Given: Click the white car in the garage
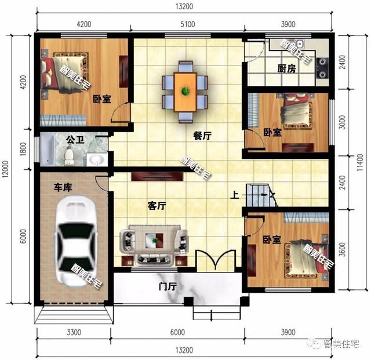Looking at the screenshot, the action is pyautogui.click(x=76, y=241).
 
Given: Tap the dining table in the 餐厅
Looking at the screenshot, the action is pyautogui.click(x=185, y=92).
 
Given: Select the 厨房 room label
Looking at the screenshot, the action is pyautogui.click(x=286, y=68).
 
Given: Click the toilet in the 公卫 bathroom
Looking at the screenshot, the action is pyautogui.click(x=68, y=155).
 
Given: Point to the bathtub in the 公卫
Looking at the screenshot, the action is pyautogui.click(x=48, y=150).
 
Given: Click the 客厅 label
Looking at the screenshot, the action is pyautogui.click(x=157, y=205).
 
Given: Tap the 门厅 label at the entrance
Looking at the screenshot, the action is pyautogui.click(x=168, y=286).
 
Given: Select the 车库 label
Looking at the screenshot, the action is pyautogui.click(x=63, y=187).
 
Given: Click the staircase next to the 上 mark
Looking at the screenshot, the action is pyautogui.click(x=261, y=195).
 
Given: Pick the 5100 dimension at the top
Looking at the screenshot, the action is pyautogui.click(x=187, y=24).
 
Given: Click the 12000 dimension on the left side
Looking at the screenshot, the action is pyautogui.click(x=5, y=169).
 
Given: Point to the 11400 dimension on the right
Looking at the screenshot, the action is pyautogui.click(x=360, y=162).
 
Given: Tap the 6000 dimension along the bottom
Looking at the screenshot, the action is pyautogui.click(x=177, y=332).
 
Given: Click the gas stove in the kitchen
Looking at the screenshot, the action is pyautogui.click(x=322, y=68).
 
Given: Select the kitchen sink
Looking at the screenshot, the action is pyautogui.click(x=300, y=44).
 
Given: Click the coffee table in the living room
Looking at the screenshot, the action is pyautogui.click(x=154, y=240).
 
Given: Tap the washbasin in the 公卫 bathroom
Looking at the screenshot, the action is pyautogui.click(x=97, y=159).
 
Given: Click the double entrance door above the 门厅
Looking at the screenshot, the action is pyautogui.click(x=216, y=260).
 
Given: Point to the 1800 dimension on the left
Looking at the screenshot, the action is pyautogui.click(x=23, y=149).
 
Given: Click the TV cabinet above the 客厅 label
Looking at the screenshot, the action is pyautogui.click(x=157, y=176).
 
